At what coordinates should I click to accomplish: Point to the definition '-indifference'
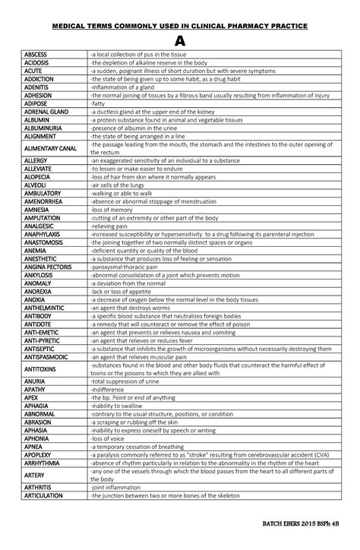[x=110, y=390]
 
